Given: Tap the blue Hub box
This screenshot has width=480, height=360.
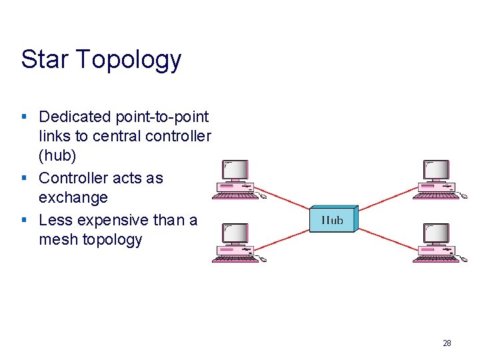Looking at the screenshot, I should (333, 219).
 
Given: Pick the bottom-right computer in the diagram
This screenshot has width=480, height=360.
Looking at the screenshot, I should (435, 243).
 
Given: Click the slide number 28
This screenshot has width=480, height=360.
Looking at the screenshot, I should (447, 343).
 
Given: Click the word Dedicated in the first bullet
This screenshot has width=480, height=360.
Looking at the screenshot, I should (75, 117).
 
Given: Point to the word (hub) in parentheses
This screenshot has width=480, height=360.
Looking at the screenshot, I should (57, 155).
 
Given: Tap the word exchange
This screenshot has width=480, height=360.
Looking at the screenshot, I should (73, 198).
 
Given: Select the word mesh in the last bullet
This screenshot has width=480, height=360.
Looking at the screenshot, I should (58, 240).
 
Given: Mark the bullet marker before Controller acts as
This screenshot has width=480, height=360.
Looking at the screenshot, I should (23, 178).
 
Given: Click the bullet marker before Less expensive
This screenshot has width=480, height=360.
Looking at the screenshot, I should (23, 219).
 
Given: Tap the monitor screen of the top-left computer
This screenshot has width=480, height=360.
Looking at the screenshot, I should (235, 171).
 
